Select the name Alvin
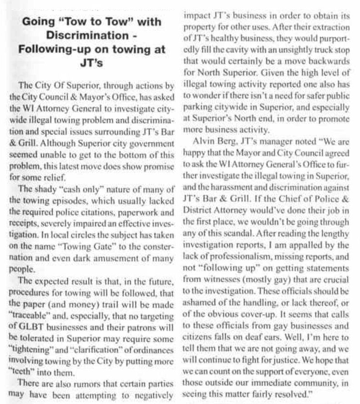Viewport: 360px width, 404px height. [205, 124]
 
